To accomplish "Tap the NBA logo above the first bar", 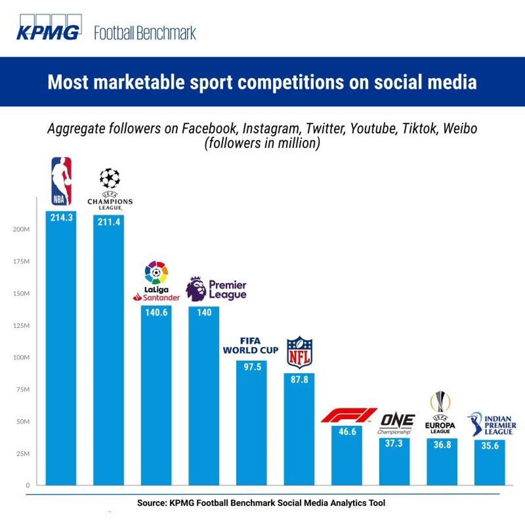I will (61, 181).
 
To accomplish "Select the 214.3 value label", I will (61, 217).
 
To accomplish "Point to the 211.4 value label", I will (108, 222).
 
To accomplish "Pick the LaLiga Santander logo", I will (156, 281).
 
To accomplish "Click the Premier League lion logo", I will (196, 289).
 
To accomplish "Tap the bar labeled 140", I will (204, 394).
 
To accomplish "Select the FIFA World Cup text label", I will (251, 345).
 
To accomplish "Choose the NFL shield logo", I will (300, 352).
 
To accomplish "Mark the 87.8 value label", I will (299, 380).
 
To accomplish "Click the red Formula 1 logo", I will (349, 415).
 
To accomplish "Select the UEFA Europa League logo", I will (440, 413).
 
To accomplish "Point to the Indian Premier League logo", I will (491, 424).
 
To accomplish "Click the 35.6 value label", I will (490, 446).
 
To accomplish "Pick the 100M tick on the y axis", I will (21, 357).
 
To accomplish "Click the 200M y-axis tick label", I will (21, 229).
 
